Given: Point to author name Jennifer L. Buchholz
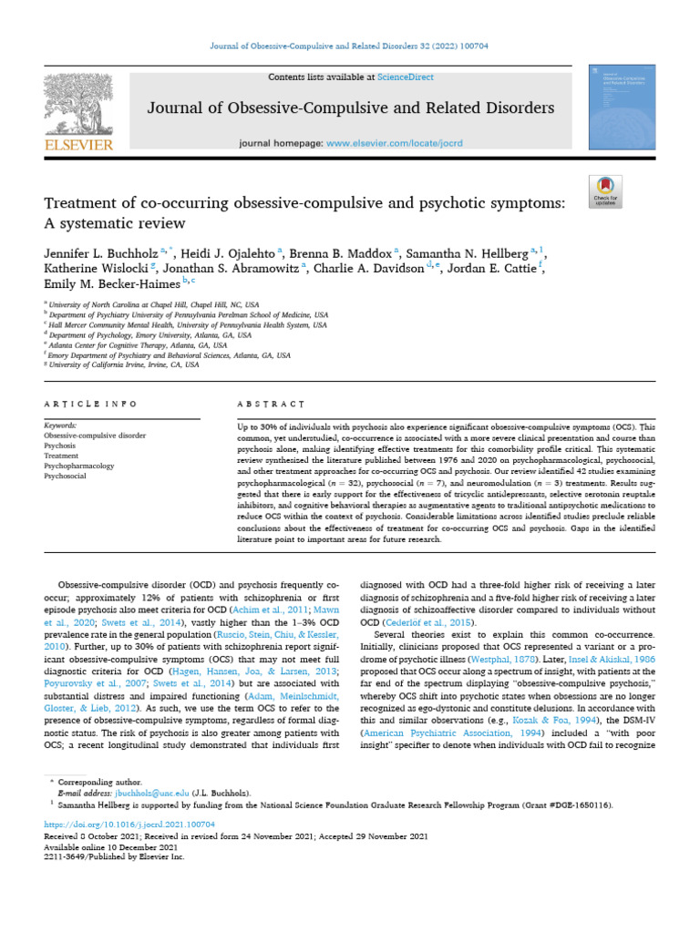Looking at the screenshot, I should click(99, 251).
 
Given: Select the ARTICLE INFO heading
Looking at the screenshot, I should click(90, 404).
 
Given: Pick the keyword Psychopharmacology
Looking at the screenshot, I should click(79, 466).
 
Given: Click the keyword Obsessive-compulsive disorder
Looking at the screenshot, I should click(95, 436).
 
